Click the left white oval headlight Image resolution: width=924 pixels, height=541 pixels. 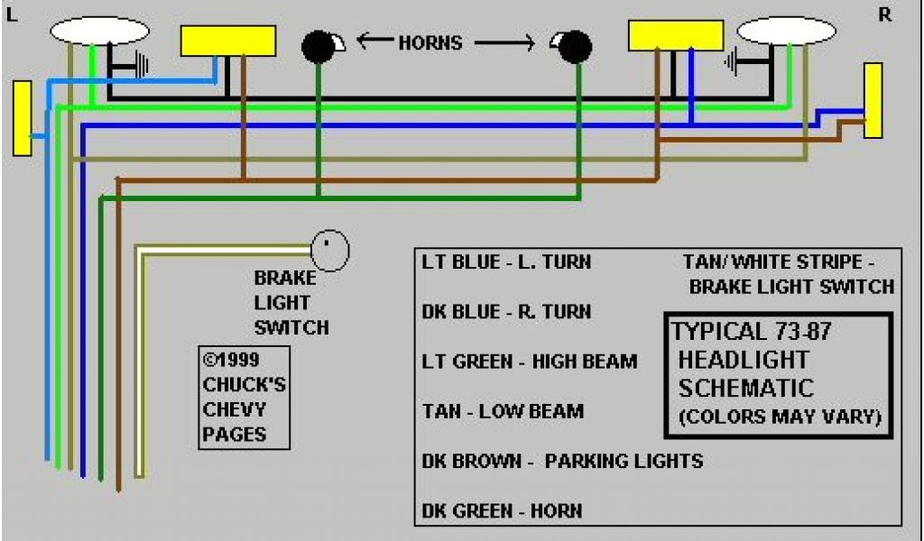click(x=99, y=31)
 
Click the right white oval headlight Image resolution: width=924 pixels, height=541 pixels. click(x=786, y=31)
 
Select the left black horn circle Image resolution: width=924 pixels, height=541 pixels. click(x=318, y=47)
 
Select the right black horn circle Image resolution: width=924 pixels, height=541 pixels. click(x=574, y=47)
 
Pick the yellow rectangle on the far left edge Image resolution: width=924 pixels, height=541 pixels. click(x=23, y=117)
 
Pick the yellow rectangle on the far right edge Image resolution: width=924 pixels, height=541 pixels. click(x=873, y=100)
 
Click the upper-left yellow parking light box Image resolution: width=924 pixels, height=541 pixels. click(x=228, y=41)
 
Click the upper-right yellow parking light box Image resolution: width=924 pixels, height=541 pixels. click(x=675, y=35)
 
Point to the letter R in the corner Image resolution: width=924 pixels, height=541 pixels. click(x=884, y=15)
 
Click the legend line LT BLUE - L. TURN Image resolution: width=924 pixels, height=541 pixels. click(x=506, y=262)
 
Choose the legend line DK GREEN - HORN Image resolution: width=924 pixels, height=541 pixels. click(x=502, y=511)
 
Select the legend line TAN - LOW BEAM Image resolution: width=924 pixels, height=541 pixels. click(x=503, y=411)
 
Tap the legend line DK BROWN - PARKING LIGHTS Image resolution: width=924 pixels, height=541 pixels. click(x=562, y=461)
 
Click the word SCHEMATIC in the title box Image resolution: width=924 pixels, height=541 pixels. click(x=746, y=389)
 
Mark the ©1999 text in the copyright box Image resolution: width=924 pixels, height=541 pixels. click(x=232, y=359)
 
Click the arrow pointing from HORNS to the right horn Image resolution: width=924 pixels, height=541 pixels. click(x=511, y=42)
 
